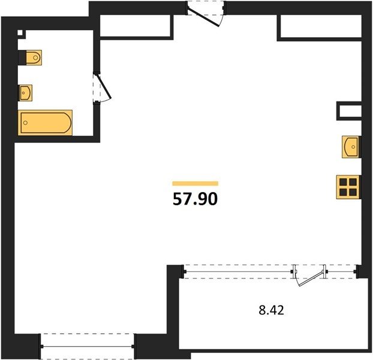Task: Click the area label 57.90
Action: point(195,199)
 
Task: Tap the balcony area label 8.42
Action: point(272,310)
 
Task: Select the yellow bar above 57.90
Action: point(195,183)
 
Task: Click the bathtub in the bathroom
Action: point(45,123)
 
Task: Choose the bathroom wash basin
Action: point(26,93)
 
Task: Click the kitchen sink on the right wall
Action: point(351,147)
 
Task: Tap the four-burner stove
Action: point(348,187)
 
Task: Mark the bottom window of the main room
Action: point(88,346)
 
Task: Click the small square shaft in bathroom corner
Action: point(20,32)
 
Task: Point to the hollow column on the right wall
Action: point(349,111)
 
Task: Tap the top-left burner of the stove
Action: point(343,182)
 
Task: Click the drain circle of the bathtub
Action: point(25,123)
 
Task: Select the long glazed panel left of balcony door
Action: point(238,272)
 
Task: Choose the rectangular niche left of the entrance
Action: point(135,26)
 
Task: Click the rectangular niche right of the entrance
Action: point(321,26)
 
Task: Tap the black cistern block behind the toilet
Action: point(22,58)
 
